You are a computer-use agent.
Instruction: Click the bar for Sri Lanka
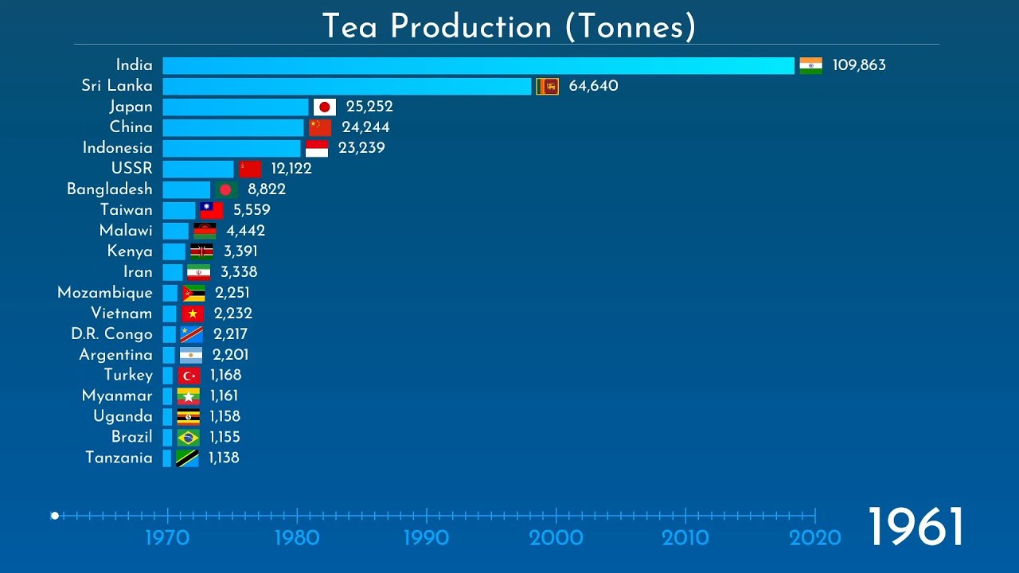point(347,86)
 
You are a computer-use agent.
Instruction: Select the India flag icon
point(810,65)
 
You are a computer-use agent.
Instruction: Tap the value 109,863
point(859,65)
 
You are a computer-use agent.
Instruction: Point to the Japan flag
point(324,107)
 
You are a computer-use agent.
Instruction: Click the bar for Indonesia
point(232,148)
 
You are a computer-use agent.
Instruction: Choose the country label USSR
point(132,169)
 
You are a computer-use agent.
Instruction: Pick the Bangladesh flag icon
point(226,189)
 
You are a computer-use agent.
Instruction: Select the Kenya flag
point(201,251)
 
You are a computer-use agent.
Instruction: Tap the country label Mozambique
point(105,293)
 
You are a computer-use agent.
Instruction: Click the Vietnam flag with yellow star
point(193,314)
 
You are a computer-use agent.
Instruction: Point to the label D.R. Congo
point(111,334)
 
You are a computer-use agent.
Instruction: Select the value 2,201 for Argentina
point(230,355)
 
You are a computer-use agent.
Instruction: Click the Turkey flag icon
point(189,376)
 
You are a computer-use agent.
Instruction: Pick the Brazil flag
point(188,437)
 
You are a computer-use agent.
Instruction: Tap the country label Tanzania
point(119,458)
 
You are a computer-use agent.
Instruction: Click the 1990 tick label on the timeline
point(426,538)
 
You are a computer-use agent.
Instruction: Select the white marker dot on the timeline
point(55,516)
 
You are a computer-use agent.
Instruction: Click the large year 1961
point(915,527)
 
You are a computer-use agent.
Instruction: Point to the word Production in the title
point(471,26)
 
